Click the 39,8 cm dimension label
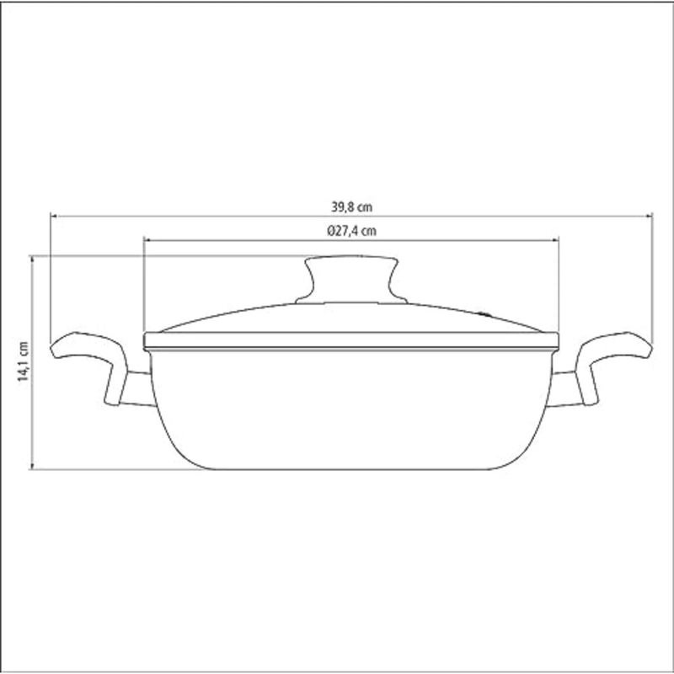(x=351, y=207)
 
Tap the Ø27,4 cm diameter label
(x=351, y=231)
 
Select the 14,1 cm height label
(x=23, y=361)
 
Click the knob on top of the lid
(x=351, y=280)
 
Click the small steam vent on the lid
(x=485, y=314)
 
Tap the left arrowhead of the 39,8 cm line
(x=54, y=217)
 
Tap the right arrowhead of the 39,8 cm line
(x=649, y=217)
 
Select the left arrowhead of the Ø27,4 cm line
(x=147, y=240)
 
